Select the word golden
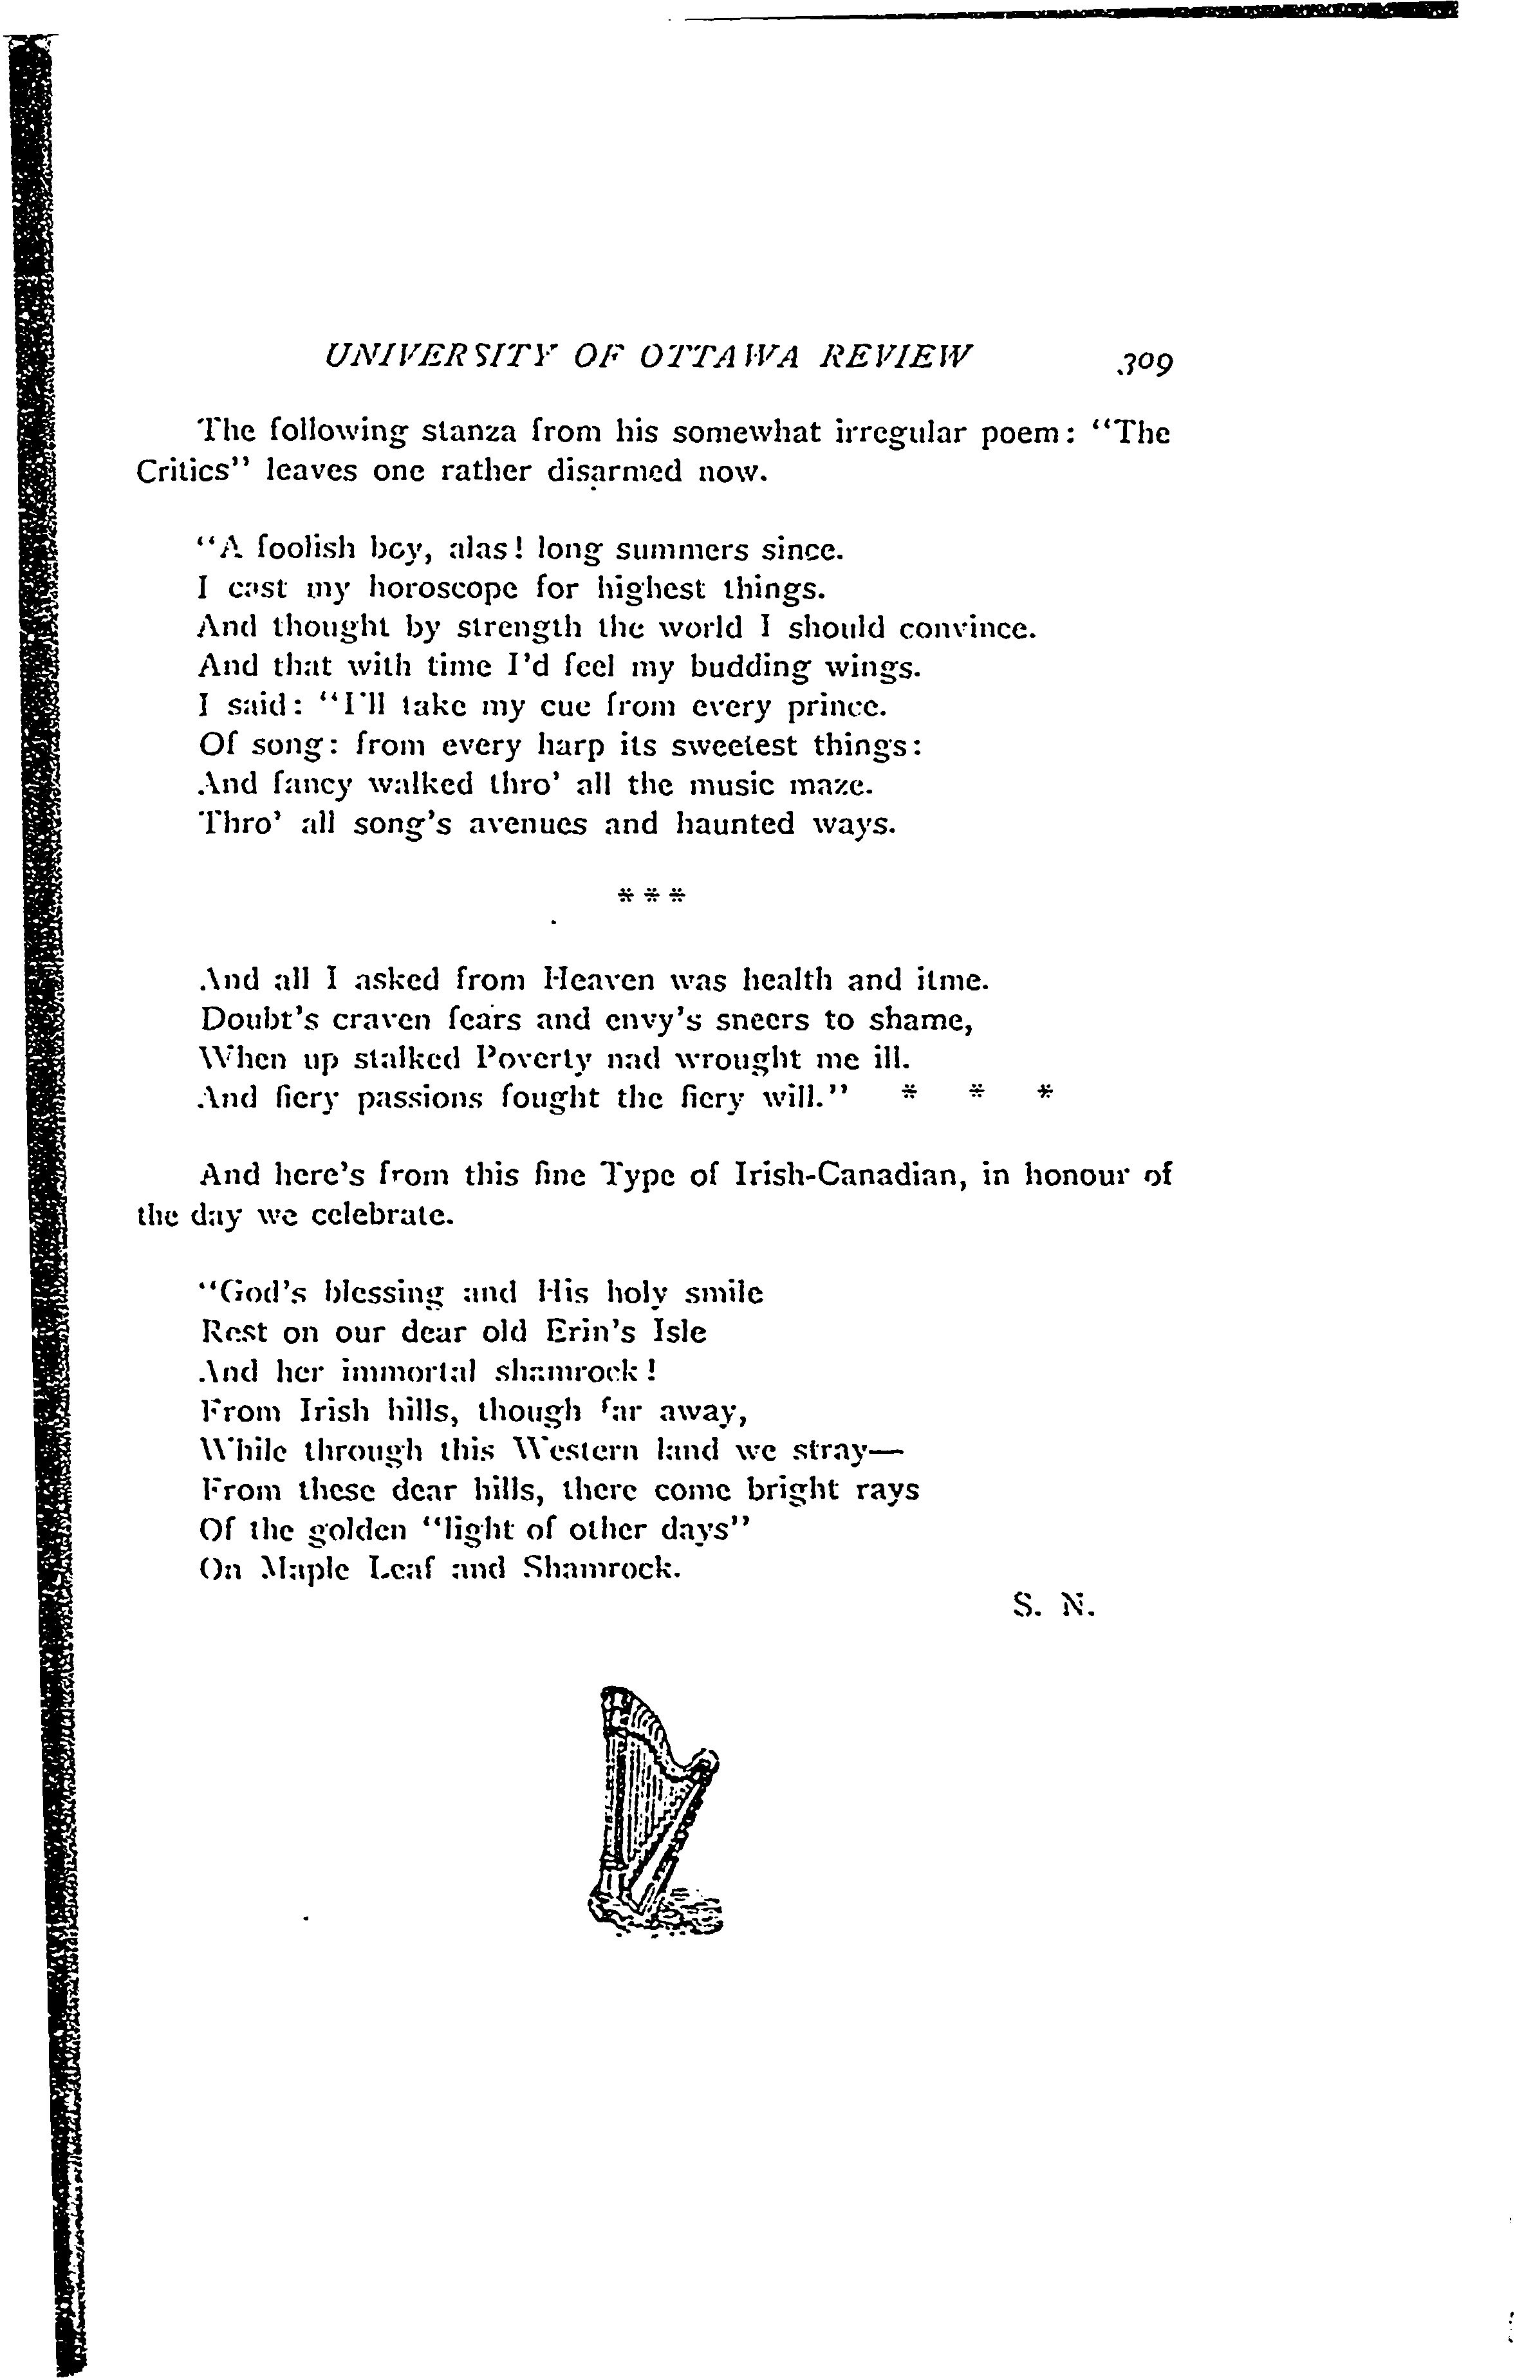pyautogui.click(x=358, y=1530)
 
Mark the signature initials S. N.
pyautogui.click(x=1054, y=1608)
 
